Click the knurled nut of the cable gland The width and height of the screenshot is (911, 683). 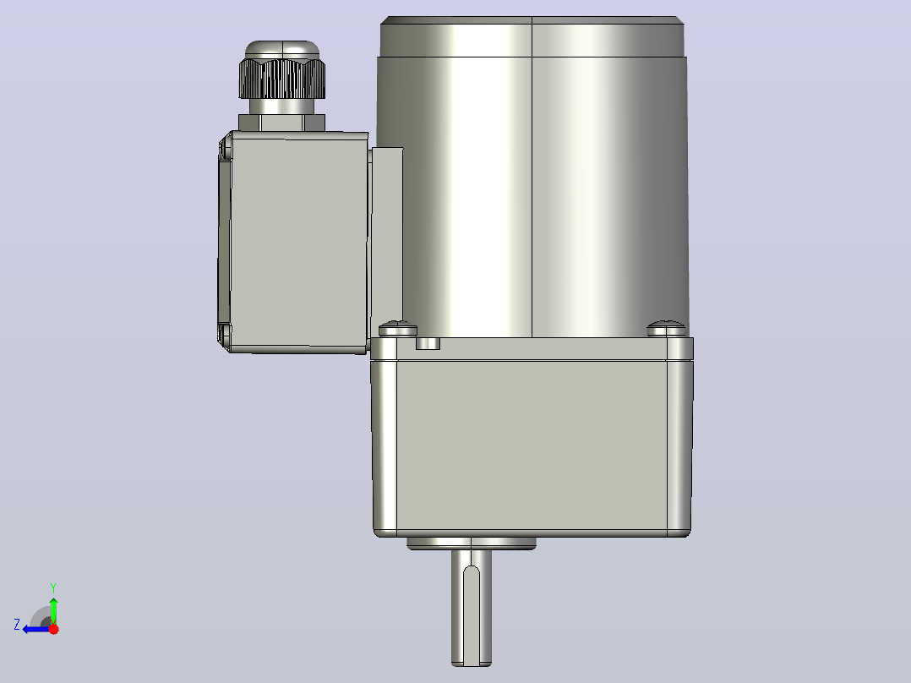[x=281, y=79]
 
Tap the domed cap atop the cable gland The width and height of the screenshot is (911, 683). [x=281, y=49]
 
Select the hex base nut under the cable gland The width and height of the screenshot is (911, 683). [x=281, y=123]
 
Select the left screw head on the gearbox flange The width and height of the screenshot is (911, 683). [x=398, y=329]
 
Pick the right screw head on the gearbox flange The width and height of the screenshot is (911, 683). [x=667, y=329]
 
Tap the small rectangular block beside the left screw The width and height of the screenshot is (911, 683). [x=428, y=343]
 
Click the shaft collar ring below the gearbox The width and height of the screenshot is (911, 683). [x=472, y=544]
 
